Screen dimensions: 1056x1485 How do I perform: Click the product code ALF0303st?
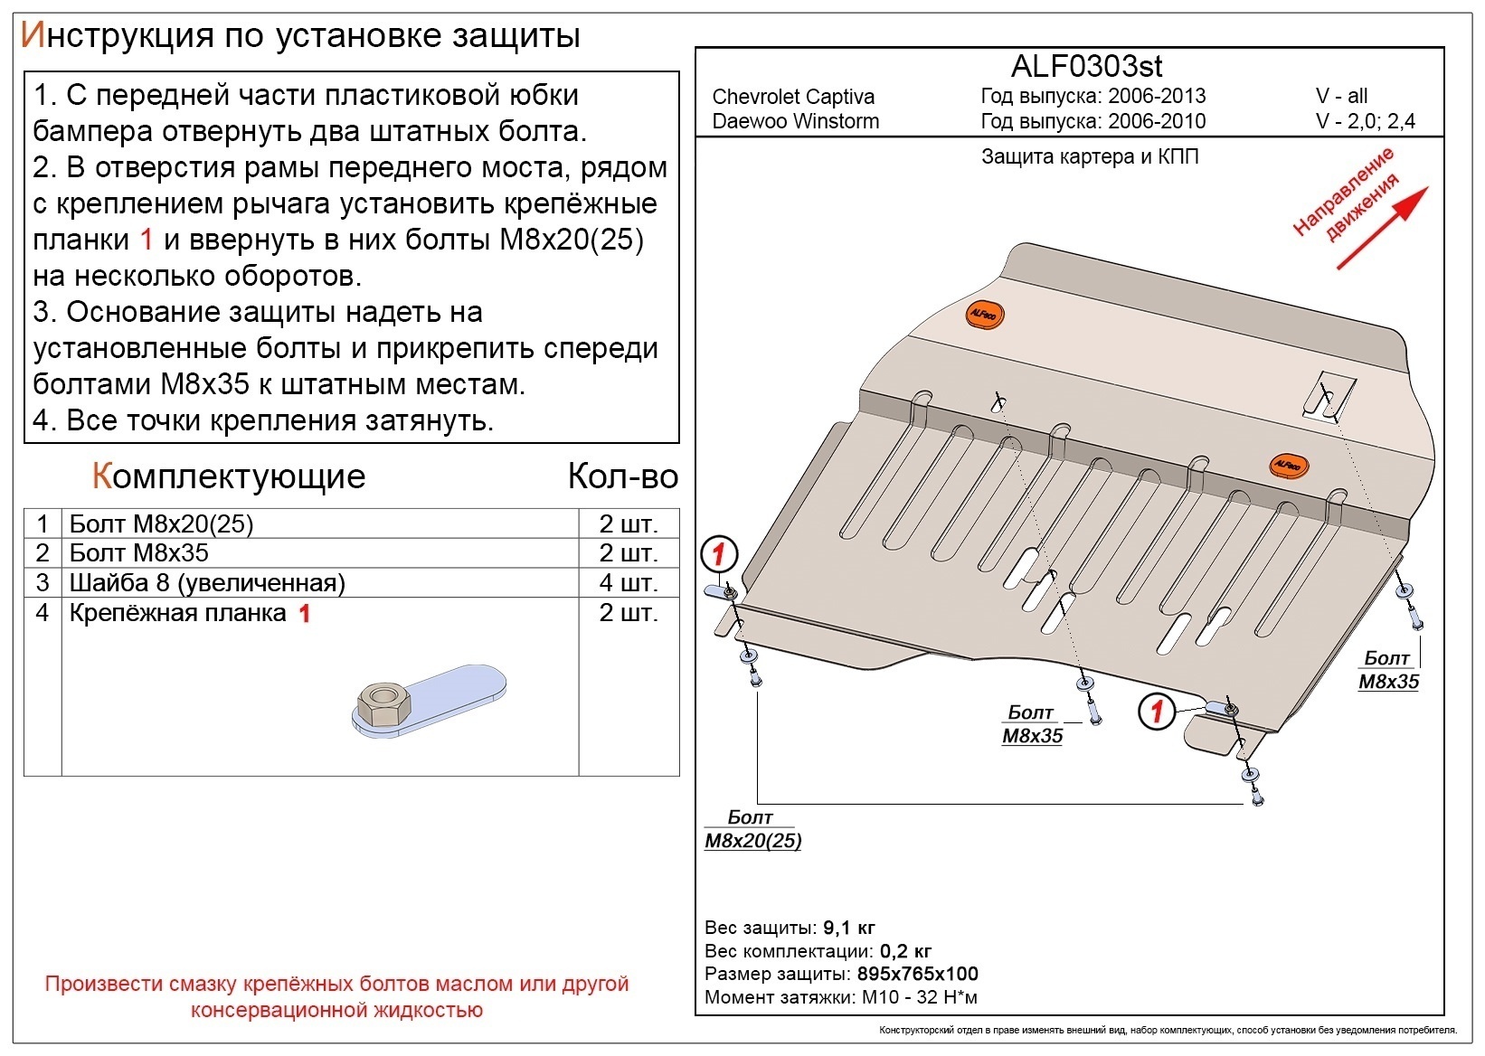1086,66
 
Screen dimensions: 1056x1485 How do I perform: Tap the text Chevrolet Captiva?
792,97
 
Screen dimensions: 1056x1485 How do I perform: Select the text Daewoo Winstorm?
795,121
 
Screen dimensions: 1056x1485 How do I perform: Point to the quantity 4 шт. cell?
628,582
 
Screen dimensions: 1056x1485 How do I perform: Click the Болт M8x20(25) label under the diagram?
752,829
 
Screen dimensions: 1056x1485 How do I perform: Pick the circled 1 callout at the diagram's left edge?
720,553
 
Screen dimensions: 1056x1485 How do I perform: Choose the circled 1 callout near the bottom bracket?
1156,711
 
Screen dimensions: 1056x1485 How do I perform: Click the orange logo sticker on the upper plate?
983,314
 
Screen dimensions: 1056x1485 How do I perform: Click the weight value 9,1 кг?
848,928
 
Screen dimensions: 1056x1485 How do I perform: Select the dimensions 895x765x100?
916,974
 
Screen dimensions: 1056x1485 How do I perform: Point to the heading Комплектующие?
229,476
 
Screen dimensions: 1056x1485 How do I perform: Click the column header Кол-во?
622,476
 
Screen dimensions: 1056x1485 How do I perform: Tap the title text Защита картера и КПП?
1090,156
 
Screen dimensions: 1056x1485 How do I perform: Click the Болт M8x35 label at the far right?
1388,670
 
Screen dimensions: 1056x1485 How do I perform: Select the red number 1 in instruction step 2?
147,240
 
